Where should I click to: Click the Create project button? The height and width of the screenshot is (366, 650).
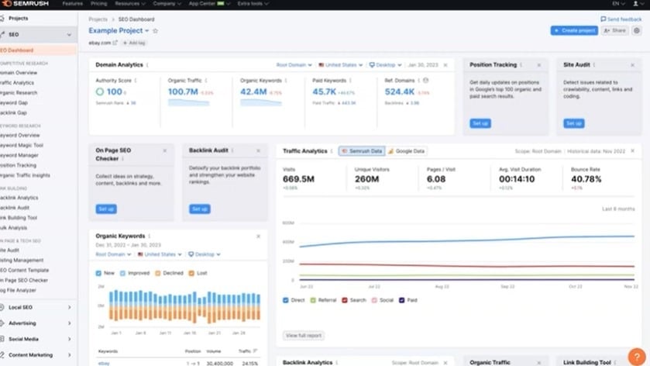[574, 30]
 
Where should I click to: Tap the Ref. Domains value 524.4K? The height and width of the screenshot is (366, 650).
[400, 91]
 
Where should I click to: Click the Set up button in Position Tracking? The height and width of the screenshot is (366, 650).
[480, 123]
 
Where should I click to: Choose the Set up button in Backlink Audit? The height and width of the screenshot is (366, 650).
[200, 209]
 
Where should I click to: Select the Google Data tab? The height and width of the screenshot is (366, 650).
[407, 151]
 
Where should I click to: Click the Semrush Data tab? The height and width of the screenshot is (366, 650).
[362, 151]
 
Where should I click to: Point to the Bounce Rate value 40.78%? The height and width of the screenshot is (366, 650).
[586, 179]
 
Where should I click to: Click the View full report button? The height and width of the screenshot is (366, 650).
[304, 336]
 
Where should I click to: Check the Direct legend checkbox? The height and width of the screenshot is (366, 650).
[286, 300]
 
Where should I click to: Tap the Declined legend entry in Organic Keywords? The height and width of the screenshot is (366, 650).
[170, 273]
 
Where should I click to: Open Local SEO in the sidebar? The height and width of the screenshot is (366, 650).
[21, 308]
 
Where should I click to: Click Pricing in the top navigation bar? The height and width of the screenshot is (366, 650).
[98, 4]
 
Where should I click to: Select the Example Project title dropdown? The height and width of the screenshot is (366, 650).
[119, 31]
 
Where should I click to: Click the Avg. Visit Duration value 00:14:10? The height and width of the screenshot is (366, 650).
[517, 179]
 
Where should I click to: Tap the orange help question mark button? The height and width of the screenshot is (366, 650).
[635, 356]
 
